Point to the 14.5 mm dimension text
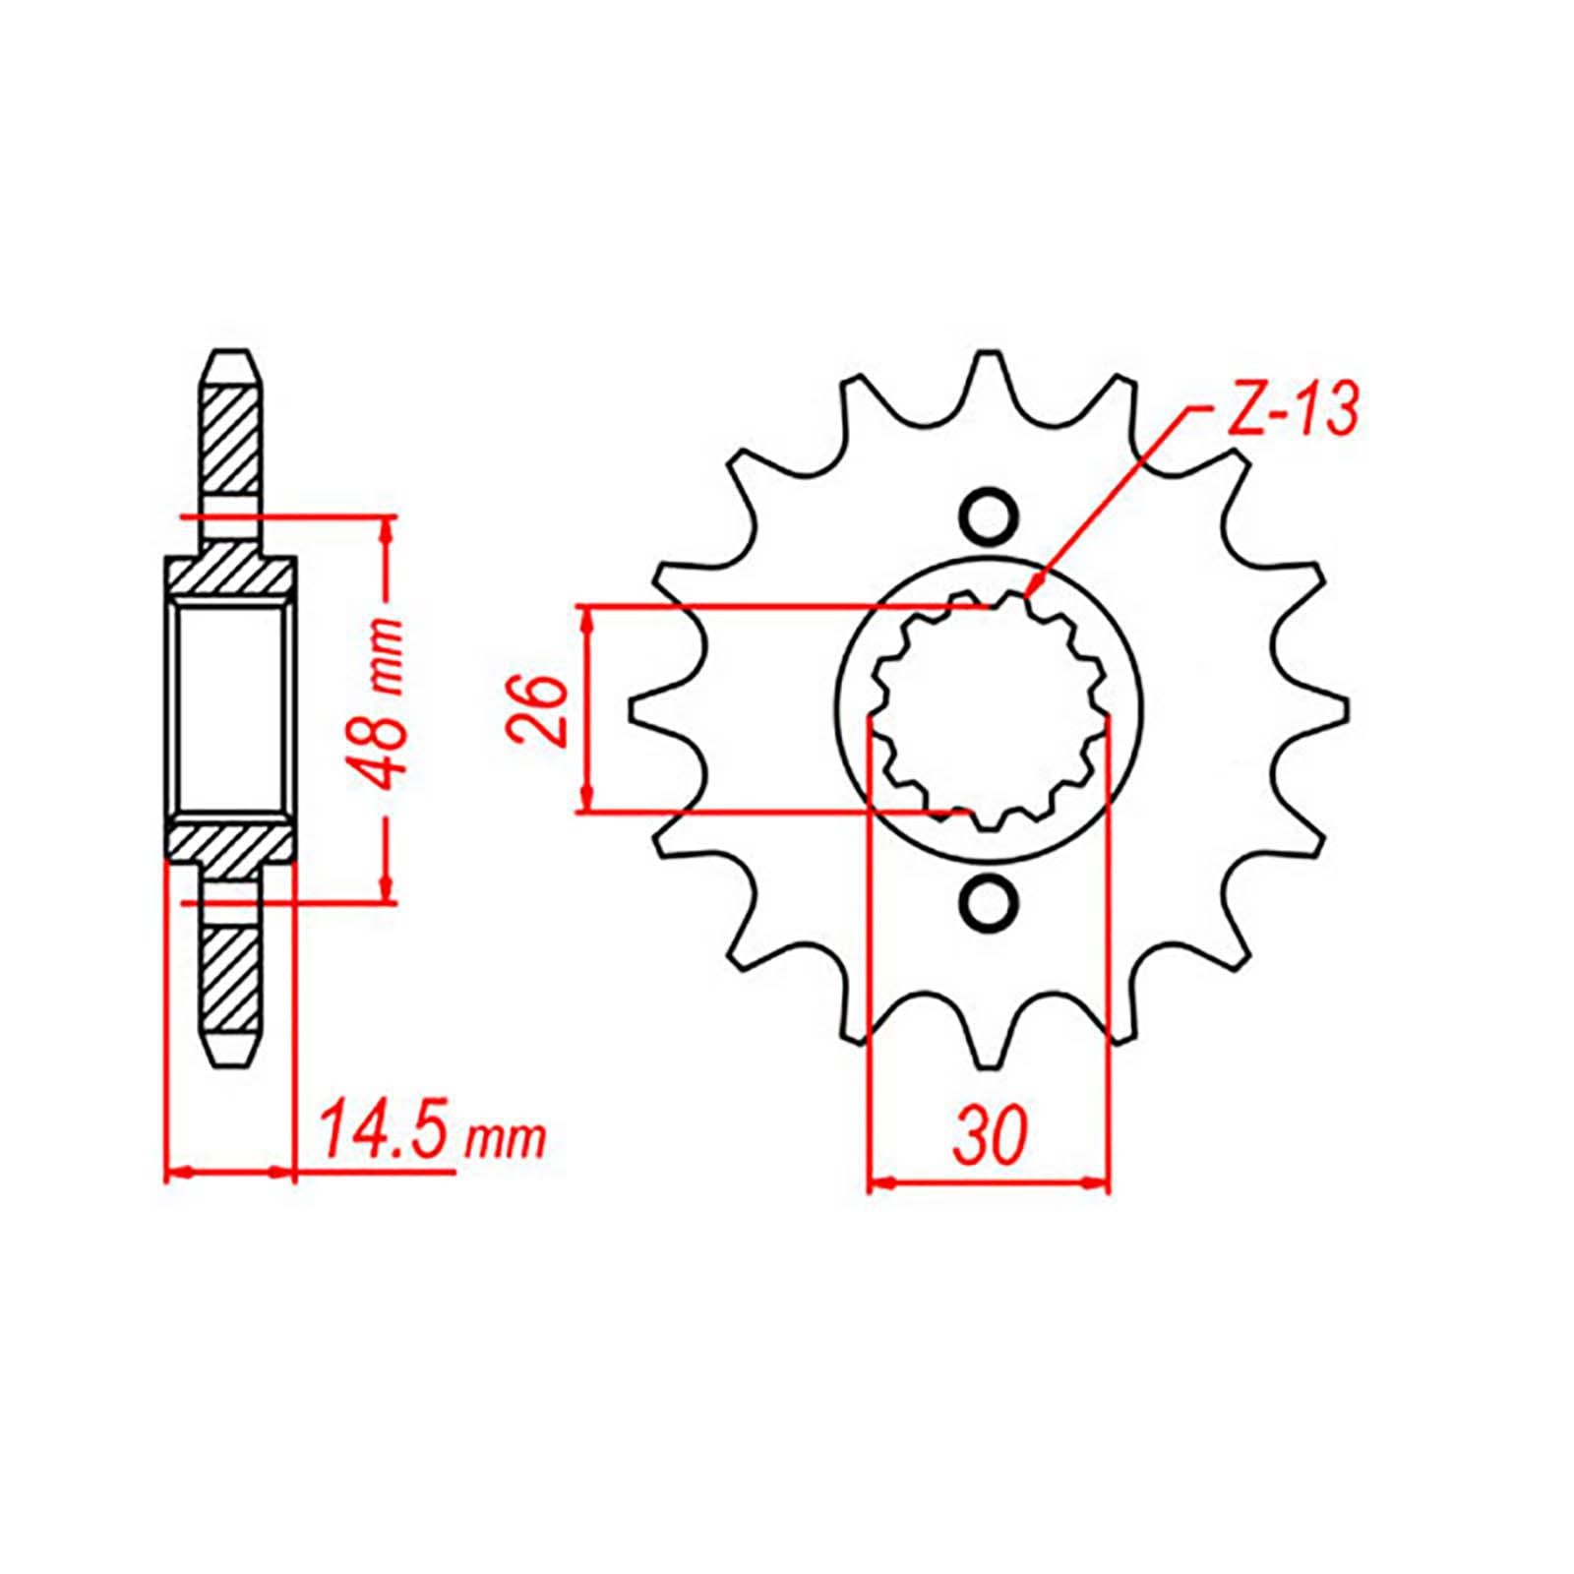pyautogui.click(x=431, y=1138)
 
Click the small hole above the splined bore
pyautogui.click(x=988, y=515)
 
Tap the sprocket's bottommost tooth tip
pyautogui.click(x=988, y=1060)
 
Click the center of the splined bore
pyautogui.click(x=988, y=708)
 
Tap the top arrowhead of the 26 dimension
pyautogui.click(x=588, y=618)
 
